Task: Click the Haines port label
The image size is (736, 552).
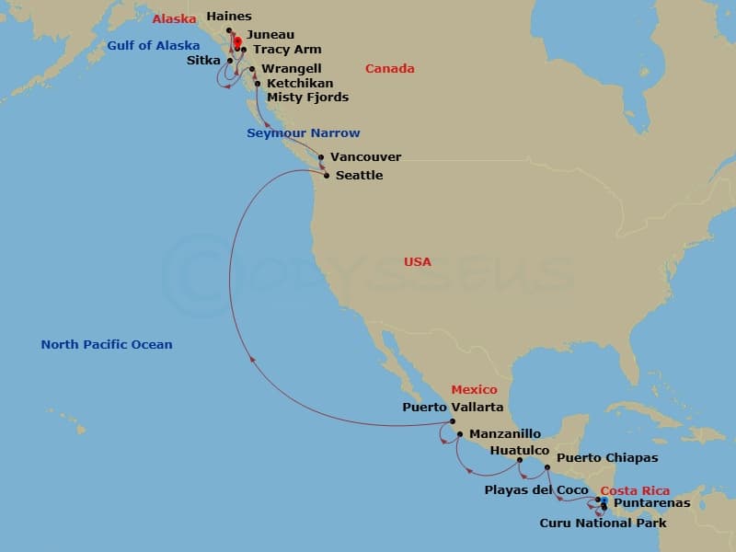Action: click(x=229, y=17)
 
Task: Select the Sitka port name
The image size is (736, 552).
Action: click(x=202, y=61)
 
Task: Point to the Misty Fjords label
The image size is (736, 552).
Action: click(x=307, y=97)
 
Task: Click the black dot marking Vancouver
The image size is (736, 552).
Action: click(x=321, y=157)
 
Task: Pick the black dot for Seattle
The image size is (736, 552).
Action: click(x=327, y=175)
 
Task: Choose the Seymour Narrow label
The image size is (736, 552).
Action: click(x=304, y=133)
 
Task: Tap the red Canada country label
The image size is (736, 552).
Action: click(x=389, y=69)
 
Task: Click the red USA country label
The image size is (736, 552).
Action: click(x=417, y=262)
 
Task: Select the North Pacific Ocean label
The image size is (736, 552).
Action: click(x=106, y=345)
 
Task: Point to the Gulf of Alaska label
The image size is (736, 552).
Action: click(x=153, y=45)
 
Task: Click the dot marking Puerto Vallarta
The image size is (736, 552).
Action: click(x=453, y=422)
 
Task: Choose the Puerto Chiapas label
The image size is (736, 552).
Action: click(x=607, y=458)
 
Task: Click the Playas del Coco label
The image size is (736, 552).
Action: click(x=536, y=490)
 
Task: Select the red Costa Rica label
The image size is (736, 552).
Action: click(x=635, y=491)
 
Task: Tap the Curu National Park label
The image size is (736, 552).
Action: click(x=603, y=523)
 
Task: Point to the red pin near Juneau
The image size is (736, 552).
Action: click(x=237, y=41)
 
